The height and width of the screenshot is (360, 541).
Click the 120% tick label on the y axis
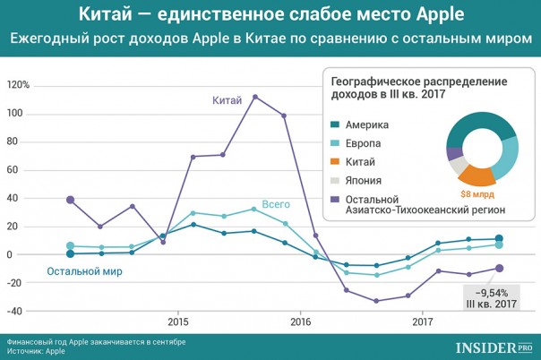19,85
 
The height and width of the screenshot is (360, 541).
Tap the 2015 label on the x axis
177,321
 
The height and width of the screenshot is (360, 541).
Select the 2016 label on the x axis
300,321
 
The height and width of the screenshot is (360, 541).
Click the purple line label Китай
228,100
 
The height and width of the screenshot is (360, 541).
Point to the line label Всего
276,204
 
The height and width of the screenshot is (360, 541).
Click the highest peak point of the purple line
255,97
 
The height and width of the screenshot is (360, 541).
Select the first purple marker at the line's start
71,200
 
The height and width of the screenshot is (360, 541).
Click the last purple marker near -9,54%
499,268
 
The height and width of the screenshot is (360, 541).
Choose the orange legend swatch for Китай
334,162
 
